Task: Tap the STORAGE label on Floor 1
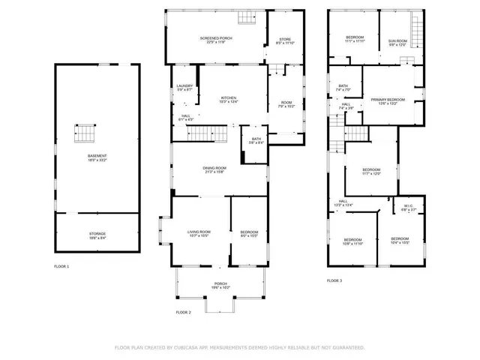(97, 235)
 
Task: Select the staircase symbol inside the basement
(84, 133)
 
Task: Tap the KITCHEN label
(229, 99)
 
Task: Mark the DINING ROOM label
(214, 169)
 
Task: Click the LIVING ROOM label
(199, 233)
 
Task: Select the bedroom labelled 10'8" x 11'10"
(352, 241)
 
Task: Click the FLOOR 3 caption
(334, 280)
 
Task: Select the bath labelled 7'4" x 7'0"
(343, 88)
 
